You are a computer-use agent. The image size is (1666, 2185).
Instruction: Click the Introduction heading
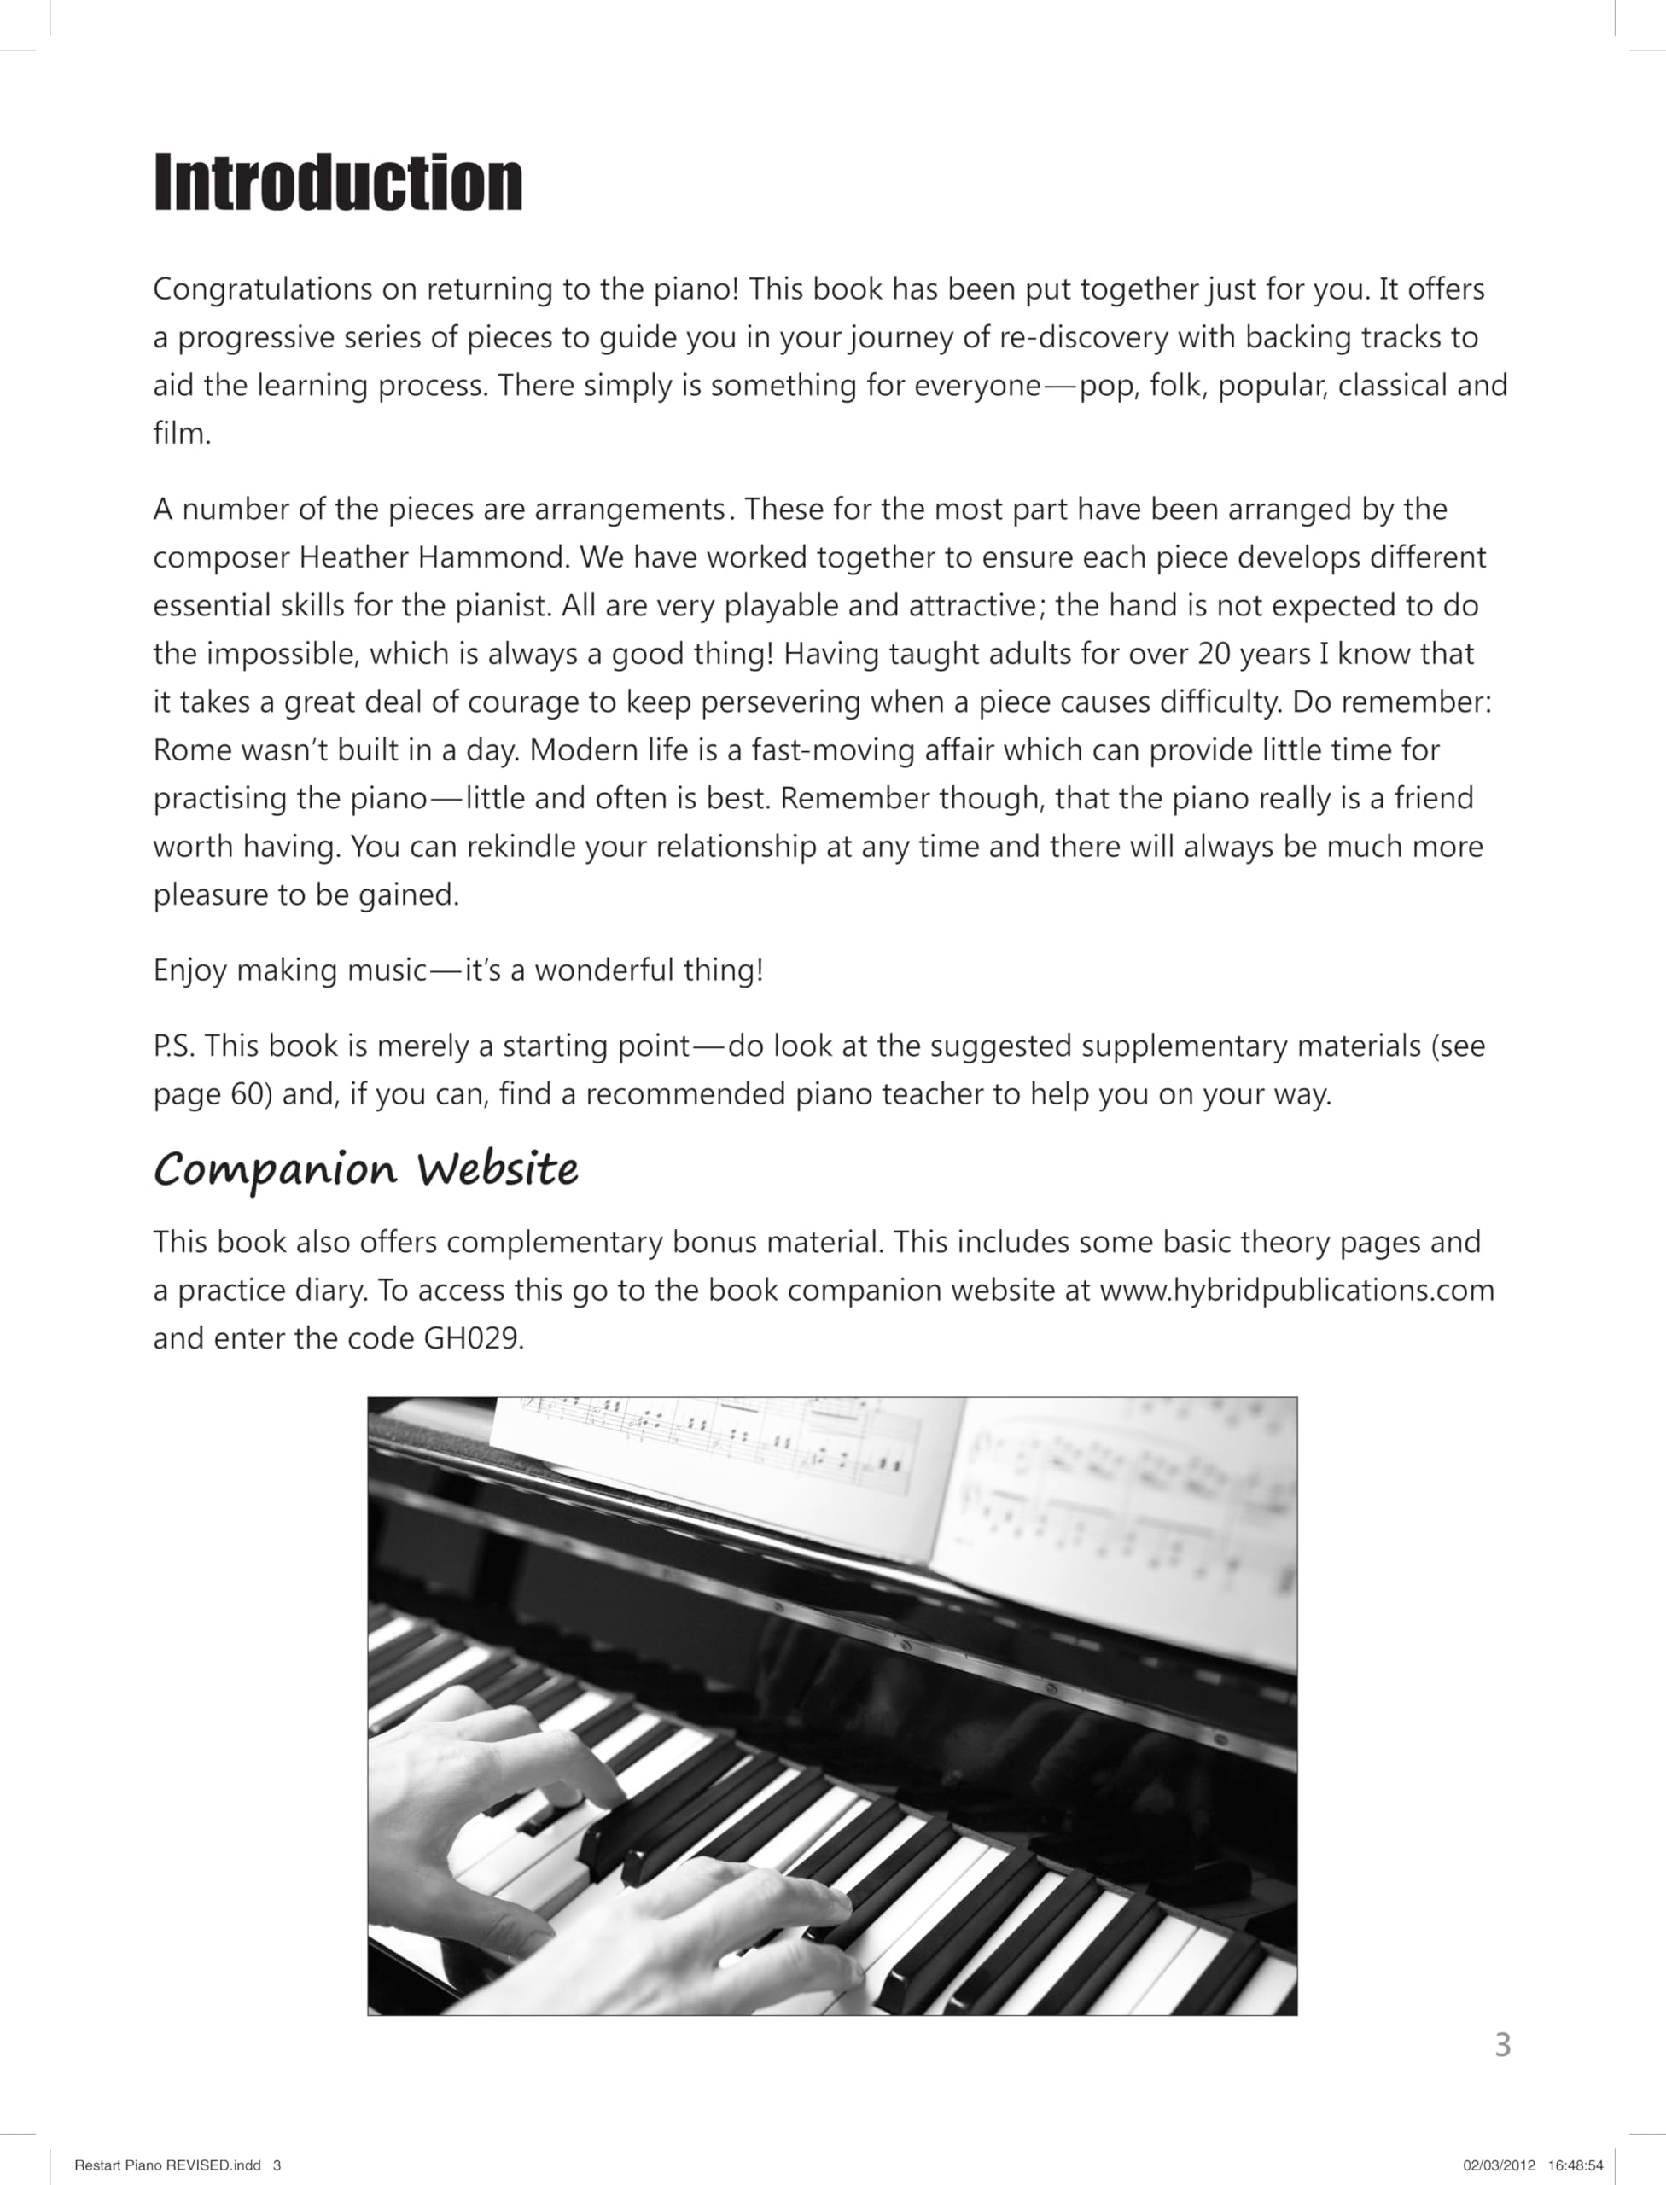click(337, 183)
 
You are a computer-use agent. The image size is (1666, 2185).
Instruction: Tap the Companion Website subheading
click(366, 1169)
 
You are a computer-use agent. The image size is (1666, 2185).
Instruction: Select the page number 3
click(1502, 2044)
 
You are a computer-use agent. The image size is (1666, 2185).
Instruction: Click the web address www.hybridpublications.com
click(1296, 1291)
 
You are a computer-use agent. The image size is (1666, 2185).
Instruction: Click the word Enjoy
click(190, 970)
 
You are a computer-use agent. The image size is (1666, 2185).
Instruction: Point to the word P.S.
click(173, 1046)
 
